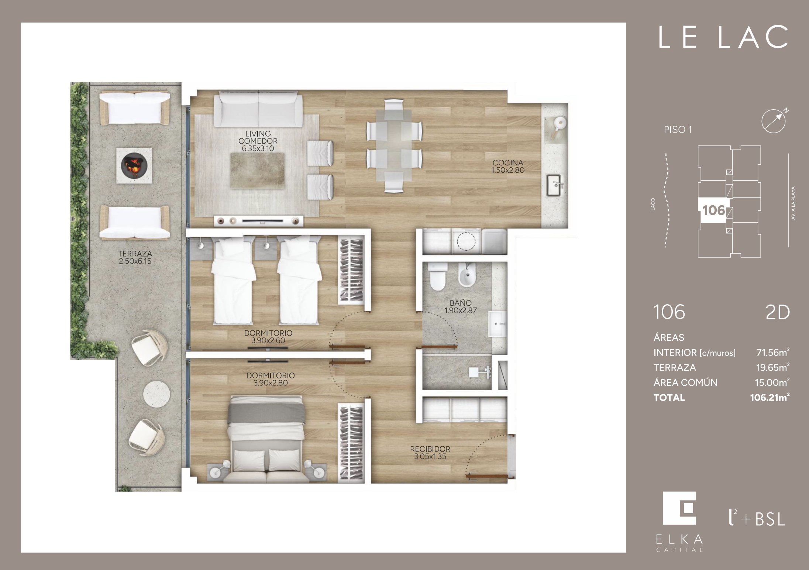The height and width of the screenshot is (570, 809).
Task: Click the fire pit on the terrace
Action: click(134, 165)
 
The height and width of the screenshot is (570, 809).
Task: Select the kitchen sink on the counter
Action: click(555, 185)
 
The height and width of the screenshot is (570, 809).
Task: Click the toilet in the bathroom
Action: click(438, 277)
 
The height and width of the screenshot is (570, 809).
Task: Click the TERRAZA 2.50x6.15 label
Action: click(135, 257)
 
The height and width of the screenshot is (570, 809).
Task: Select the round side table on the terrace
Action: click(156, 394)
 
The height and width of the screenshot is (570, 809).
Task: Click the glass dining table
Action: click(394, 145)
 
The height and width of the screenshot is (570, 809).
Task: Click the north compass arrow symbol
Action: click(774, 120)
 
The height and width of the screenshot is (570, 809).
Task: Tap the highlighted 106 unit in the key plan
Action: click(713, 210)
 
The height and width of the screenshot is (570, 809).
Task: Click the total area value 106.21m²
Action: click(770, 397)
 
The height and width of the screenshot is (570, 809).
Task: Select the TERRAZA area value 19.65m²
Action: click(773, 367)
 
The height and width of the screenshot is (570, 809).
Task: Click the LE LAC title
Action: click(723, 37)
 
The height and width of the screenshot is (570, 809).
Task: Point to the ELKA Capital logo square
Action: click(679, 508)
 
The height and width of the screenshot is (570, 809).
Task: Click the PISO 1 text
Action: click(678, 130)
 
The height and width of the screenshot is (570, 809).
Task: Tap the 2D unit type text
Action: click(778, 312)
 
